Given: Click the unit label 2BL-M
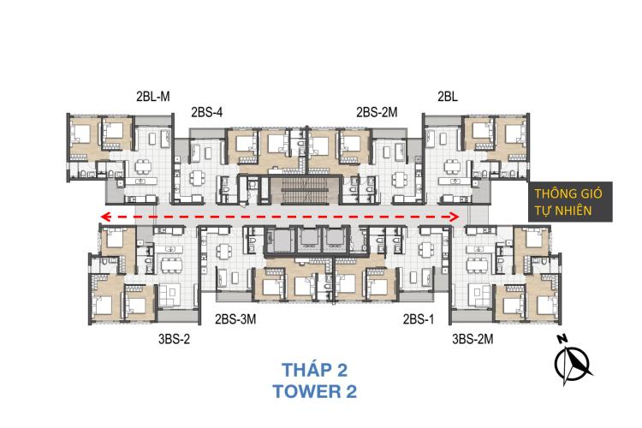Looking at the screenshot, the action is point(152,97).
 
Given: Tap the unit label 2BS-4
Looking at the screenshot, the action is point(207,112).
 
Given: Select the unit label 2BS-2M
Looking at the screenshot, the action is point(377,112).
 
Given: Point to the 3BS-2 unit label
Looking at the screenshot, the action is point(174,339).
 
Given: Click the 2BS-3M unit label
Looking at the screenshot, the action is point(235,319).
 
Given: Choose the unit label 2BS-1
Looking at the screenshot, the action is point(418,319).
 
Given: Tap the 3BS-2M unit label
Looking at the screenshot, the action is point(473,339).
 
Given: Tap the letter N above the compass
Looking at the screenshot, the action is point(562,339).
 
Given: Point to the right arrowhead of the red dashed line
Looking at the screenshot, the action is point(454,217).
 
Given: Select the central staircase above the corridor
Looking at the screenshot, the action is point(305,190).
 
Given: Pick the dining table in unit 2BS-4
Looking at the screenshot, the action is point(197,179).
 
